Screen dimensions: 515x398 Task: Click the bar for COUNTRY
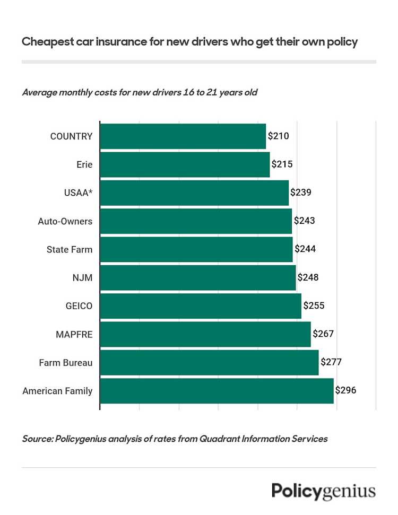pyautogui.click(x=183, y=136)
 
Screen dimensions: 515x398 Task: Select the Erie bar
pyautogui.click(x=185, y=164)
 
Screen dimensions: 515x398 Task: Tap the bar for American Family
pyautogui.click(x=217, y=391)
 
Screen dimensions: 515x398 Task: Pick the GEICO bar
pyautogui.click(x=201, y=306)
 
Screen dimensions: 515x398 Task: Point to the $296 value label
pyautogui.click(x=345, y=390)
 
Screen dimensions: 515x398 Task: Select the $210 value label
pyautogui.click(x=278, y=136)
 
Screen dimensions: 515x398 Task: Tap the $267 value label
pyautogui.click(x=323, y=334)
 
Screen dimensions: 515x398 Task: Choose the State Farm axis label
pyautogui.click(x=70, y=249)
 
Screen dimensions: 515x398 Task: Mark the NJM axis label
pyautogui.click(x=82, y=278)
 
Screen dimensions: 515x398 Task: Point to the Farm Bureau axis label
pyautogui.click(x=66, y=363)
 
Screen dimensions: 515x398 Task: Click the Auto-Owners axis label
pyautogui.click(x=65, y=221)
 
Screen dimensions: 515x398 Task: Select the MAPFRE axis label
pyautogui.click(x=74, y=334)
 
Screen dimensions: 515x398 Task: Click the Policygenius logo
pyautogui.click(x=324, y=491)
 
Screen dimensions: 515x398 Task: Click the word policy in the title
pyautogui.click(x=342, y=42)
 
